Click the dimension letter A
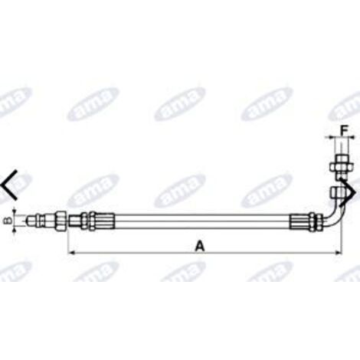(200, 246)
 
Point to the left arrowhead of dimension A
(72, 251)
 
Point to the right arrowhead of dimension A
(335, 251)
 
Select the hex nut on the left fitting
(58, 221)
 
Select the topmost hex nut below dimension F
(338, 165)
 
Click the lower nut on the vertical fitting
(338, 190)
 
